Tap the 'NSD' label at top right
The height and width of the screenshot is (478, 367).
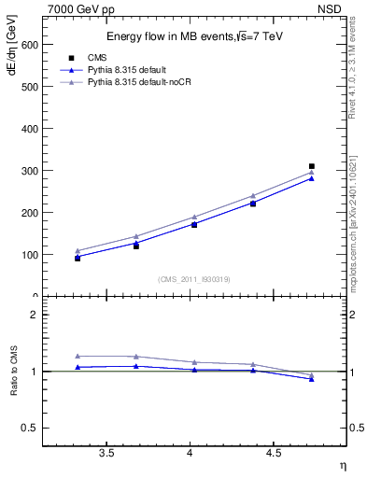coord(331,8)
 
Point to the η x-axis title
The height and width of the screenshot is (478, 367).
coord(341,466)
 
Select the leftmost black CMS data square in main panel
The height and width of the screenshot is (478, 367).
coord(78,258)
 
